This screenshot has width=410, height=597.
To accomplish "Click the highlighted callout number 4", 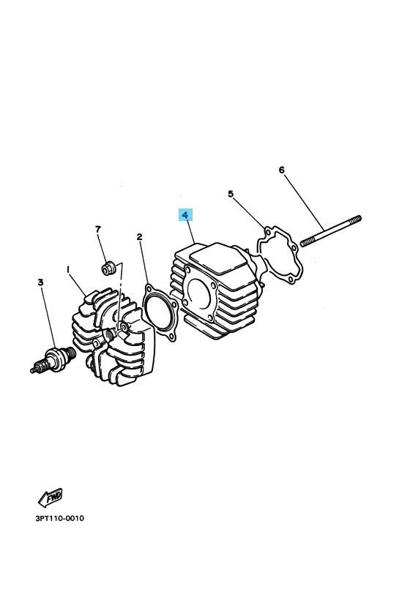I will click(186, 216).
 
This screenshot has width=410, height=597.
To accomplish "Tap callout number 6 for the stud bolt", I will click(281, 170).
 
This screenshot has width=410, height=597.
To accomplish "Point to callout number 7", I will click(97, 230).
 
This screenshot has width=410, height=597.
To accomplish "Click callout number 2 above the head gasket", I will click(139, 237).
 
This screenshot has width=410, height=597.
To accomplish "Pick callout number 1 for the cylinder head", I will click(68, 269).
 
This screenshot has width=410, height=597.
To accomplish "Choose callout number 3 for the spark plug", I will click(41, 281).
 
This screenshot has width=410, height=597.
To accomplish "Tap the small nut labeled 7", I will click(108, 268).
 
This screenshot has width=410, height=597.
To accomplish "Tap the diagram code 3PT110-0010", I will click(59, 519).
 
